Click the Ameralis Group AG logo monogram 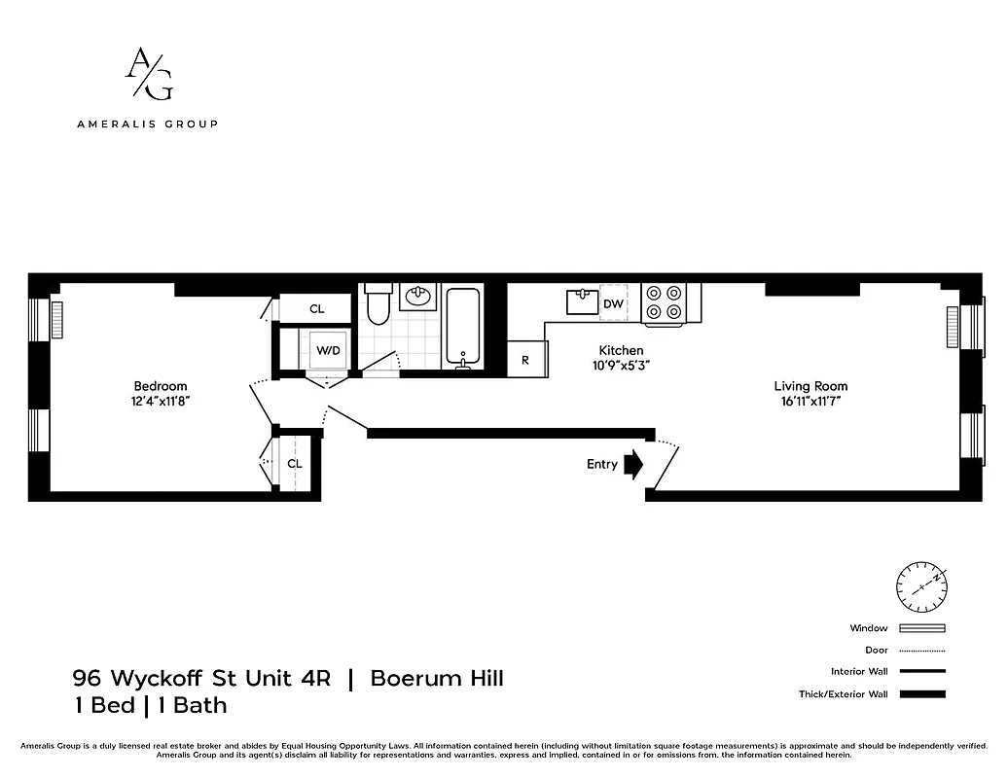(148, 74)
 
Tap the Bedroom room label (161, 386)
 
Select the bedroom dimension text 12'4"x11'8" (161, 401)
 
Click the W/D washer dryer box (326, 350)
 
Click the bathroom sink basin (420, 297)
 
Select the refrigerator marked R (526, 359)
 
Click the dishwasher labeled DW (613, 303)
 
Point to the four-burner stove (664, 301)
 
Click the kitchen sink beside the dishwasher (583, 301)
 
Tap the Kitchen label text (621, 350)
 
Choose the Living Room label (810, 386)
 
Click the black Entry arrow (633, 464)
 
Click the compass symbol (920, 584)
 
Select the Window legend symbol (921, 628)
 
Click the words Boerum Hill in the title (437, 678)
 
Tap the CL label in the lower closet (295, 464)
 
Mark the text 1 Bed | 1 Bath (150, 705)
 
